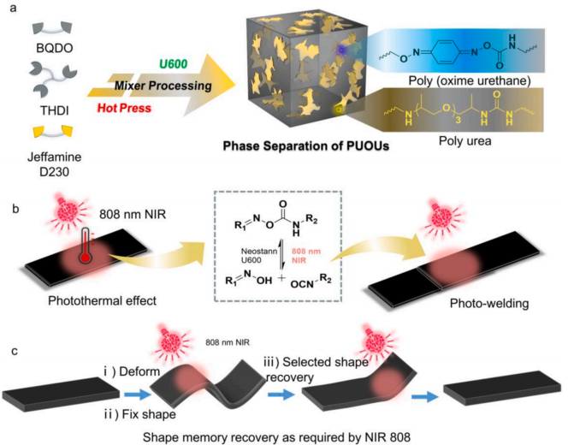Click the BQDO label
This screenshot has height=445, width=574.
tap(54, 48)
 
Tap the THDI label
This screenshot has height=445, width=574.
tap(54, 110)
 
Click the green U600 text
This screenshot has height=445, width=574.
tap(173, 64)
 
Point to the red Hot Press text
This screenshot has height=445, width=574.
tap(124, 108)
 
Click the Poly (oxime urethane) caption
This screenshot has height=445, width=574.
tap(470, 80)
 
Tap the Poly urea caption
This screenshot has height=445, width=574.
tap(465, 141)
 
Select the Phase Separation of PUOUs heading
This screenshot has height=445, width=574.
tap(306, 146)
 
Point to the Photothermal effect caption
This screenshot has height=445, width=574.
tap(102, 300)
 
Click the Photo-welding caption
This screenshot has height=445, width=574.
tap(489, 303)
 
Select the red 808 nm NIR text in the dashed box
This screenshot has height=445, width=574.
tap(306, 256)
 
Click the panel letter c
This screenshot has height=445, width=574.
tap(15, 351)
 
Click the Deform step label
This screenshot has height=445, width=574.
tap(132, 371)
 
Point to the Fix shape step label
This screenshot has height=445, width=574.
tap(139, 414)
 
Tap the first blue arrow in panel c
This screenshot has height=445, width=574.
tap(137, 395)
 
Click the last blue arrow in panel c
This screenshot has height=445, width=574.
tap(425, 397)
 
